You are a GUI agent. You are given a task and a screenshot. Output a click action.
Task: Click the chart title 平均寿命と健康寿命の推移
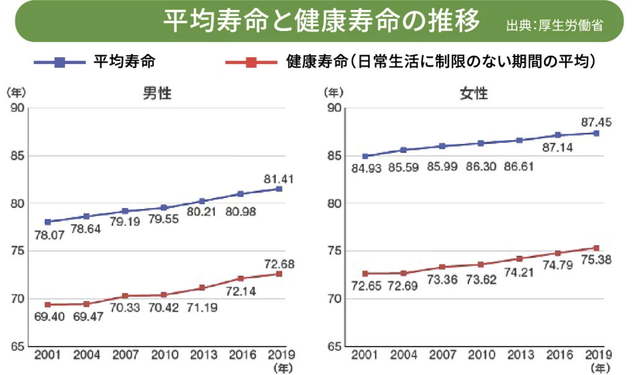pos(321,22)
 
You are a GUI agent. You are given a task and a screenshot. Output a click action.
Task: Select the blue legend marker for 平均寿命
pos(59,62)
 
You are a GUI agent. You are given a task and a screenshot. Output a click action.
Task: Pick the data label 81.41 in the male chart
pos(278,179)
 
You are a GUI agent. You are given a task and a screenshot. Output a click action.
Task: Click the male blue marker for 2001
pos(48,222)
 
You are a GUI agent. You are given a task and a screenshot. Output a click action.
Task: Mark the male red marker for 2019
pos(279,274)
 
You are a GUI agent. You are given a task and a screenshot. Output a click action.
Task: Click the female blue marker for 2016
pos(558,135)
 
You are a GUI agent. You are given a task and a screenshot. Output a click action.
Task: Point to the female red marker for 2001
pos(366,273)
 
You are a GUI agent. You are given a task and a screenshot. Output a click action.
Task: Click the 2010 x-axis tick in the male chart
pos(163,355)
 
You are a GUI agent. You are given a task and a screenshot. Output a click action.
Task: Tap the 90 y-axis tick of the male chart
pos(17,108)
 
